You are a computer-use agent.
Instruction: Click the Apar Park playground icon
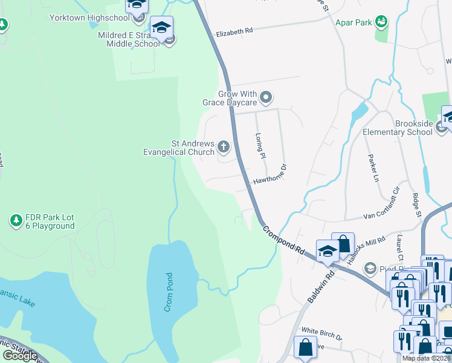point(381,22)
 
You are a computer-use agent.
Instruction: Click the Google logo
point(20,355)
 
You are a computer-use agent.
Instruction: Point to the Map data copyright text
point(427,358)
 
